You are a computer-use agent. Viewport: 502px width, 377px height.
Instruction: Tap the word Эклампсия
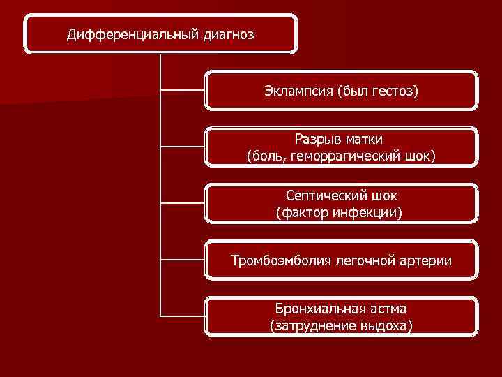298,91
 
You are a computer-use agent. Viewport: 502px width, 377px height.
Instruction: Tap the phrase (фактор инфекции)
340,212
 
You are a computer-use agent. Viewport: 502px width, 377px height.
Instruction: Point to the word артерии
424,261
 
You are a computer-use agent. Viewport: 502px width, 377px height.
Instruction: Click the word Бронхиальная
319,309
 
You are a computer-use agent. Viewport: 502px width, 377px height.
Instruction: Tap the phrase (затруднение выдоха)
341,325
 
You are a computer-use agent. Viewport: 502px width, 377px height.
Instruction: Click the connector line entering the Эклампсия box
183,90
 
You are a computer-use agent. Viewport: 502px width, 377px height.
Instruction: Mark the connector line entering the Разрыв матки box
183,147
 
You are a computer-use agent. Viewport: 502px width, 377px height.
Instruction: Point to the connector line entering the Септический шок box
183,203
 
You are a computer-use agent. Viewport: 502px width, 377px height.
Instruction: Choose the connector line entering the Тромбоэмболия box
183,260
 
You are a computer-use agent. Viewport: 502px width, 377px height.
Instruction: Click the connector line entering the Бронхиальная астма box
183,316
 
